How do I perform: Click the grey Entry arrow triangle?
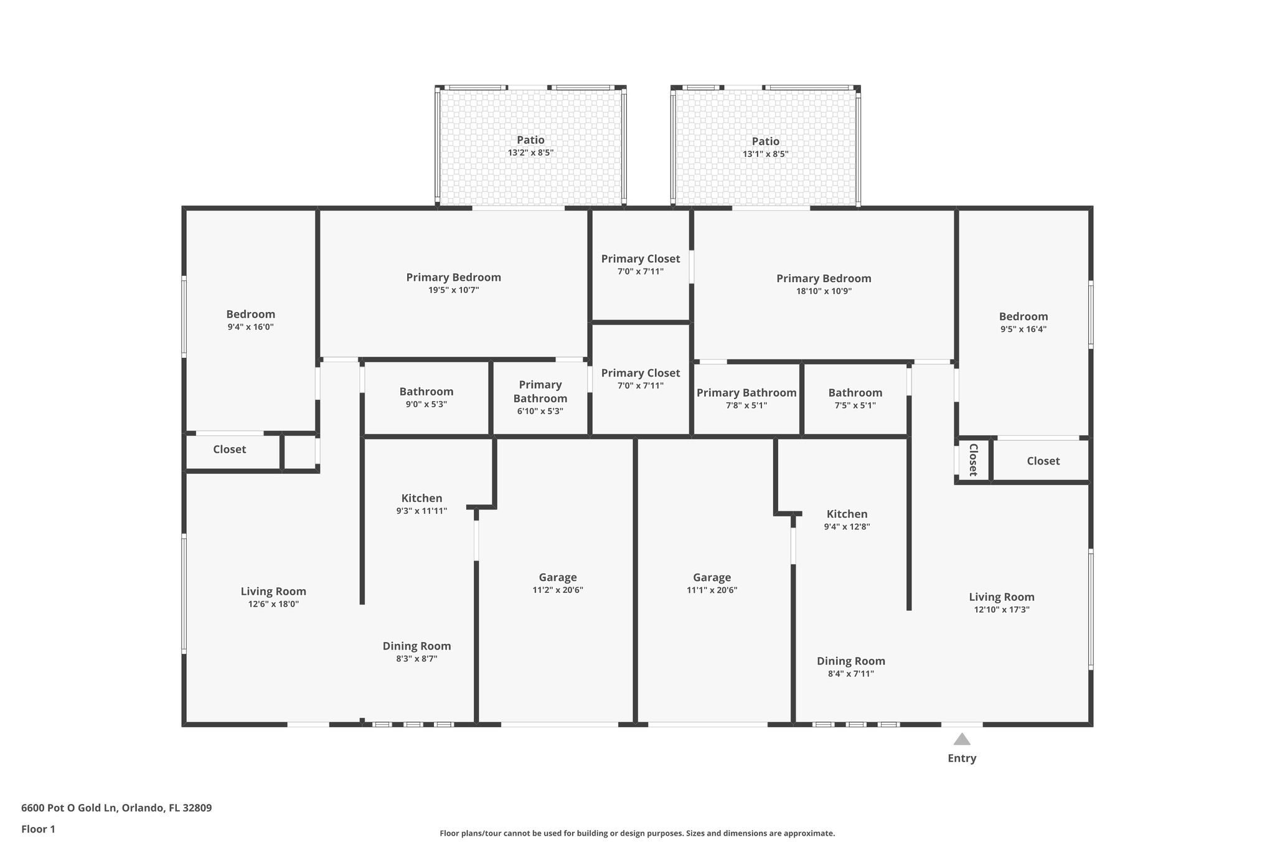[x=962, y=740]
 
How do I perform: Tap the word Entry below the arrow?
[x=962, y=758]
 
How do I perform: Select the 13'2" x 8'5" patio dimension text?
[x=530, y=153]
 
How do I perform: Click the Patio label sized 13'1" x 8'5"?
[x=765, y=141]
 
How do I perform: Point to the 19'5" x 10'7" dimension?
[x=453, y=290]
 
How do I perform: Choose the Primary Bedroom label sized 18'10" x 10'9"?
[x=824, y=278]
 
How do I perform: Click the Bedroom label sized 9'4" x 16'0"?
[x=250, y=314]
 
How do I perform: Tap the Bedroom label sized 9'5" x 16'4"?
[x=1023, y=316]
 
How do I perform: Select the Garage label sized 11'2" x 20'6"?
[x=558, y=577]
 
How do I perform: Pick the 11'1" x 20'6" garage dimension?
[x=712, y=590]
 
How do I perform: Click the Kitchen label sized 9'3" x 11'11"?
[x=421, y=498]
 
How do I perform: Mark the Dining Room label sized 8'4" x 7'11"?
[x=850, y=661]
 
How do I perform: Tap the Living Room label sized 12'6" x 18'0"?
[x=273, y=591]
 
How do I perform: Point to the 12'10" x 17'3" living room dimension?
[x=1001, y=610]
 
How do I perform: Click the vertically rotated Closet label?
[x=973, y=460]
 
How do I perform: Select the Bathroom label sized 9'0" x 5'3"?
[x=426, y=392]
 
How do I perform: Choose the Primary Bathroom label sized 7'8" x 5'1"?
[x=746, y=392]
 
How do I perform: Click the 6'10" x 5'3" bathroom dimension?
[x=540, y=411]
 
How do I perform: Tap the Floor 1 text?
[x=38, y=829]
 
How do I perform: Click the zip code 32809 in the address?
[x=196, y=808]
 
